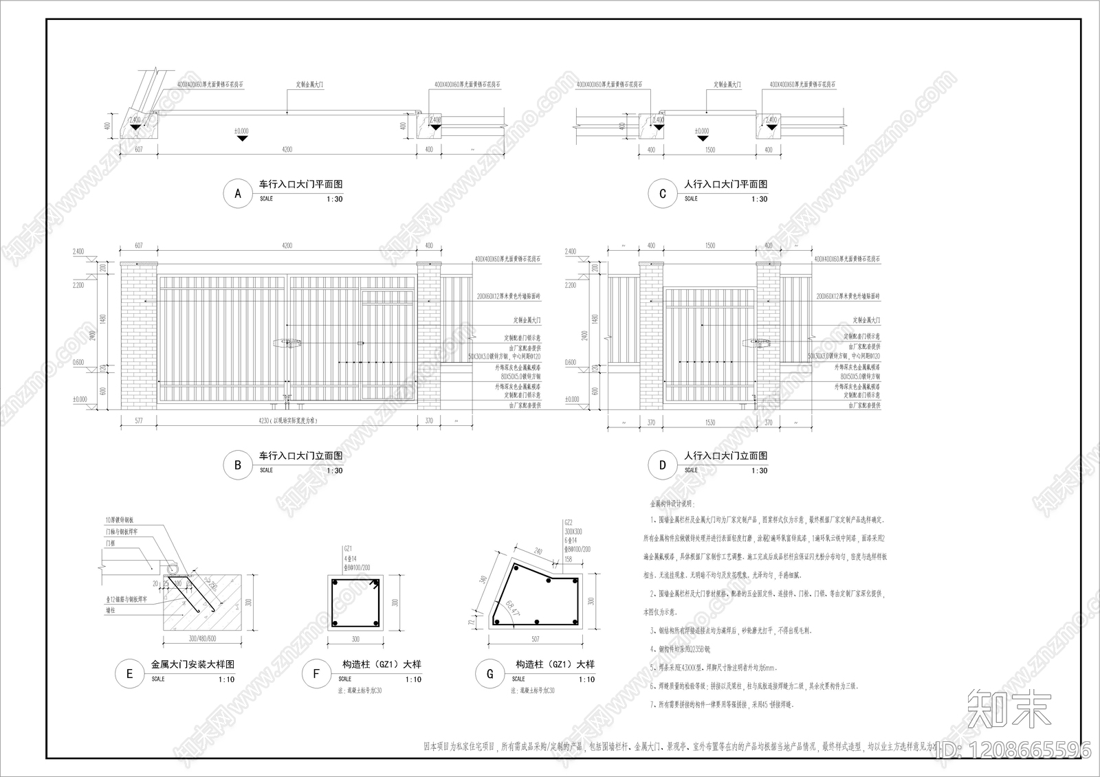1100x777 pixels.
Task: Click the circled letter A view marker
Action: tap(238, 194)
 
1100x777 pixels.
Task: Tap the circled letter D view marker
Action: tap(662, 465)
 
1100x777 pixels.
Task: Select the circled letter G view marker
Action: tap(489, 674)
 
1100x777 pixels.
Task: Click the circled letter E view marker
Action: tap(129, 674)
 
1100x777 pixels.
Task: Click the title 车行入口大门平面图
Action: tap(300, 184)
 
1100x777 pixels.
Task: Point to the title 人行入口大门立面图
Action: tap(725, 455)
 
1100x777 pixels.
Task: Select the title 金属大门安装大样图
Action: tap(192, 664)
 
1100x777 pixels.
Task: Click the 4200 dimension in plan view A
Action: tap(287, 149)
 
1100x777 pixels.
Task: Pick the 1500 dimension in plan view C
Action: tap(710, 149)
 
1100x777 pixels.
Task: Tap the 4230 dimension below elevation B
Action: tap(265, 420)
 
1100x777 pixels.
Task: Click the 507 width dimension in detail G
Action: tap(535, 639)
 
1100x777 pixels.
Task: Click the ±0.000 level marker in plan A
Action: tap(241, 131)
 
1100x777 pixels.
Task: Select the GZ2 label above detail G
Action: tap(568, 523)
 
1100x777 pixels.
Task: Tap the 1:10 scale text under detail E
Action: tap(226, 679)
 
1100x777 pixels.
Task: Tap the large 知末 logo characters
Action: tap(1009, 709)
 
